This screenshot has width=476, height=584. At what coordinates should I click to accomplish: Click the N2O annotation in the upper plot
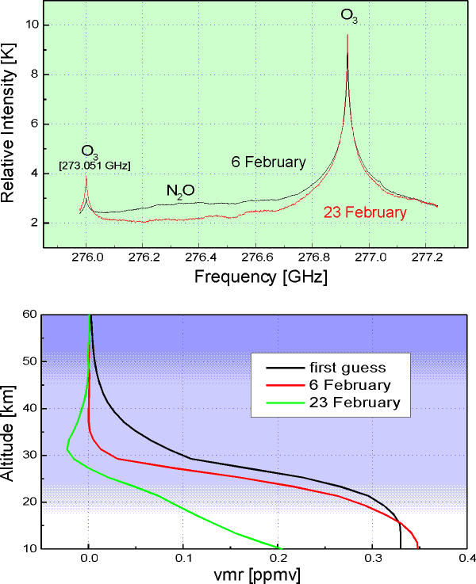point(182,191)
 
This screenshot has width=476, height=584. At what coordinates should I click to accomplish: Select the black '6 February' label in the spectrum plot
point(268,162)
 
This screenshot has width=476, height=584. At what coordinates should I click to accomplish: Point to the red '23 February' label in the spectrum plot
point(364,212)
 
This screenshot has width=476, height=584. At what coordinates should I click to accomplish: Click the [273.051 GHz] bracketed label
point(94,165)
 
